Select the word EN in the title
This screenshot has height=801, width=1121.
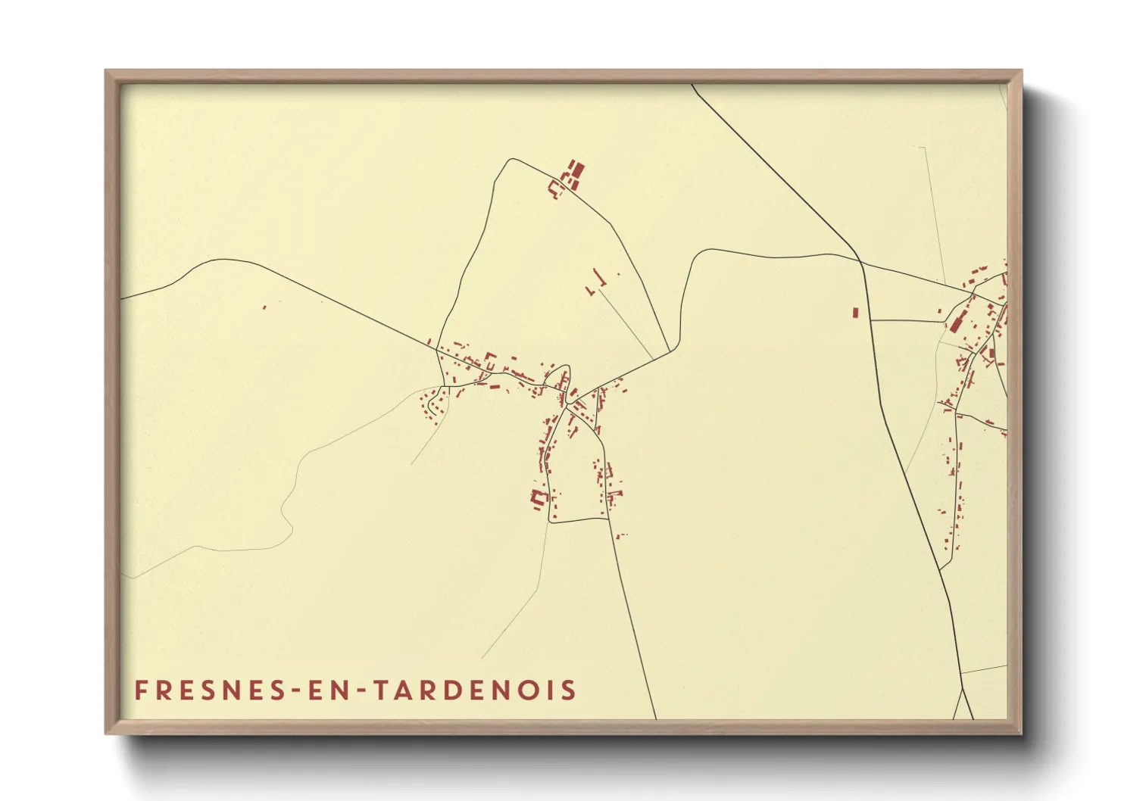tap(326, 690)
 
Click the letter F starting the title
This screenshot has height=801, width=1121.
tap(141, 690)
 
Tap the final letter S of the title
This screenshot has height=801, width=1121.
tap(570, 690)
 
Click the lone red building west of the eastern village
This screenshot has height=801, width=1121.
tap(855, 312)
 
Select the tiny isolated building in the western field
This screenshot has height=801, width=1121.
tap(264, 307)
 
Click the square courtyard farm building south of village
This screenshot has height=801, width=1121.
tap(539, 497)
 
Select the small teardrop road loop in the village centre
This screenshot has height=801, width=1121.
tap(563, 379)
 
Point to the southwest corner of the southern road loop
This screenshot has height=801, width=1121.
tap(550, 522)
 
